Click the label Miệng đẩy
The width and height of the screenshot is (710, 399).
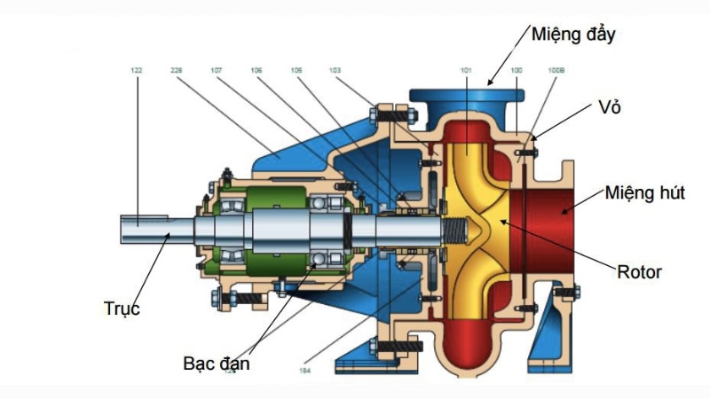[x=573, y=35]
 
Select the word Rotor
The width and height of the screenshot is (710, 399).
[x=639, y=271]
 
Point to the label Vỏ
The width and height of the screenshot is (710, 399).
[x=609, y=107]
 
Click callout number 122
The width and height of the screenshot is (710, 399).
[x=137, y=69]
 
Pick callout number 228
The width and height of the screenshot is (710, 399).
[x=176, y=69]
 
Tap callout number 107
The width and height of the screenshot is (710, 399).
[x=217, y=69]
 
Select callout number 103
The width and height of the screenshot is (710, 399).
[x=335, y=69]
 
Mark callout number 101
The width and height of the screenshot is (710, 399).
[x=467, y=69]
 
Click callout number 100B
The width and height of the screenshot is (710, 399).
[x=556, y=69]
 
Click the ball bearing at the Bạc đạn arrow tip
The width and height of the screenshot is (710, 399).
[x=319, y=258]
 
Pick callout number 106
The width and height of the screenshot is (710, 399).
[x=256, y=69]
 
